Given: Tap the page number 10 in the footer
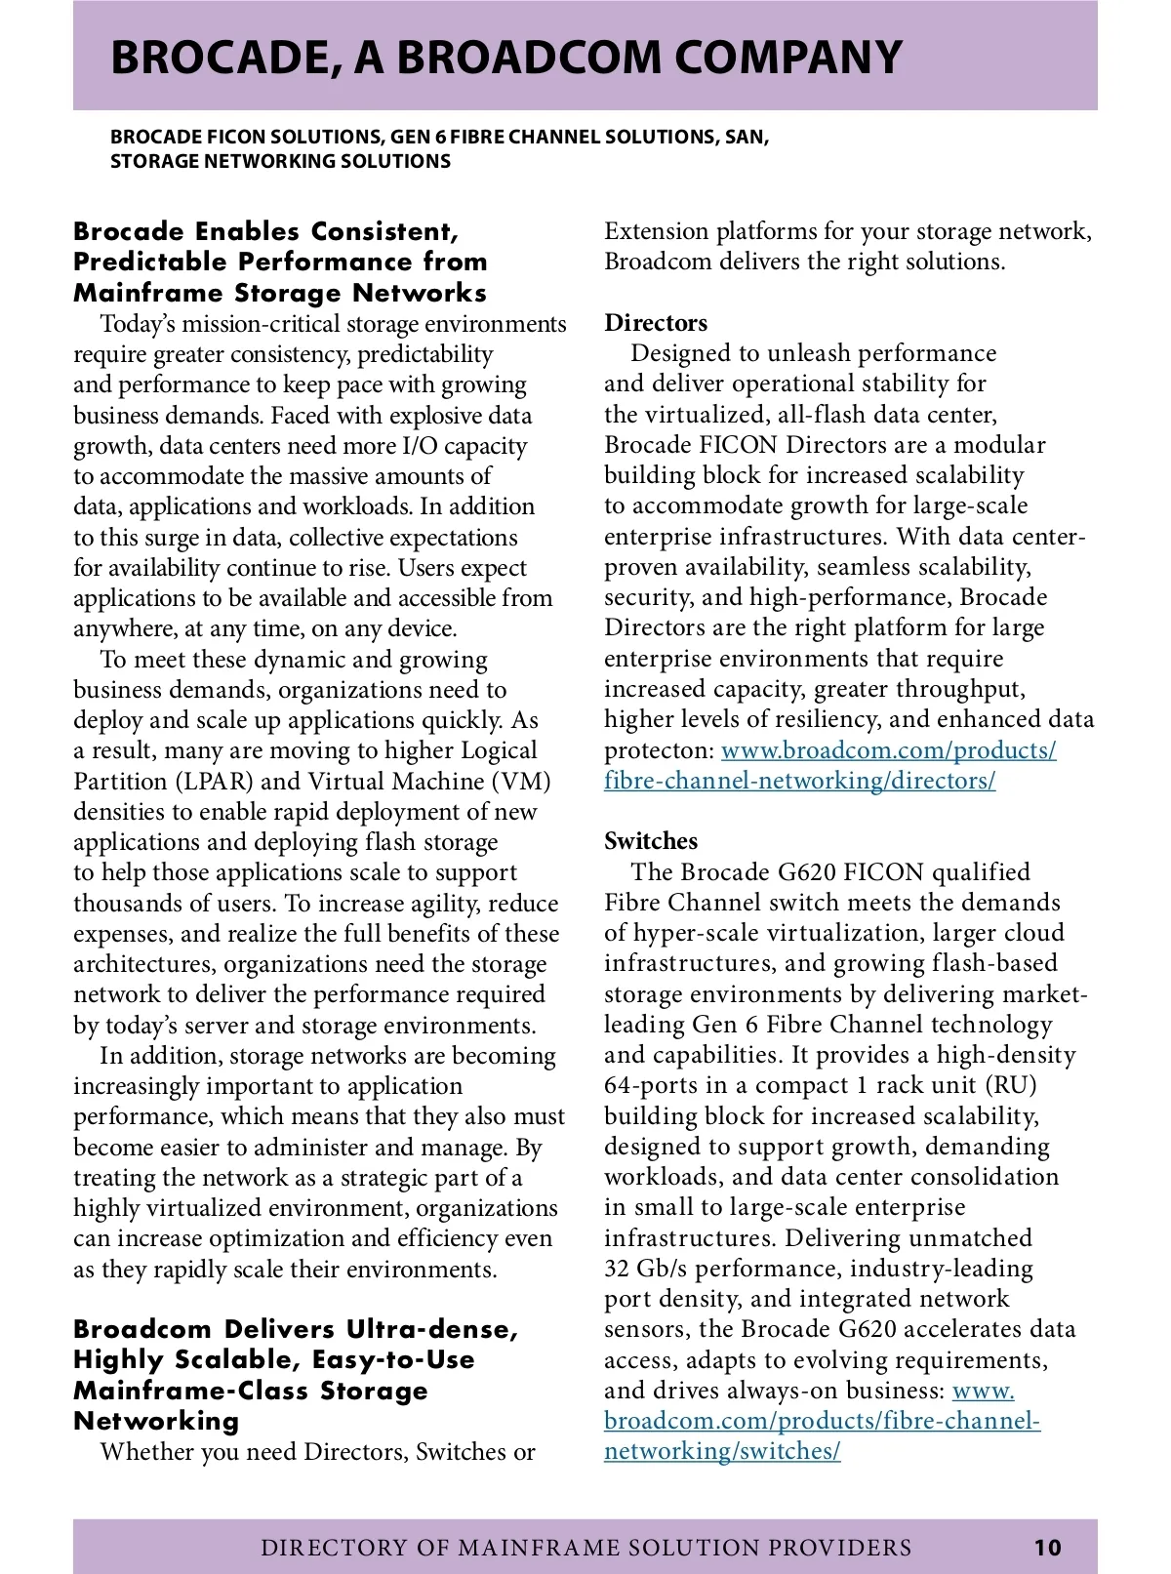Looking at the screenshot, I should pyautogui.click(x=1047, y=1547).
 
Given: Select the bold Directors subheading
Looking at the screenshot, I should pyautogui.click(x=656, y=323).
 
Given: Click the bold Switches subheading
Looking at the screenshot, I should pyautogui.click(x=651, y=841).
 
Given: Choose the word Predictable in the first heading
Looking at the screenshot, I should pyautogui.click(x=160, y=262).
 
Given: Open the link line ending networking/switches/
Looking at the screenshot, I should pyautogui.click(x=722, y=1451).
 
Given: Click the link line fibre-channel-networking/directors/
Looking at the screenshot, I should pyautogui.click(x=799, y=781).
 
